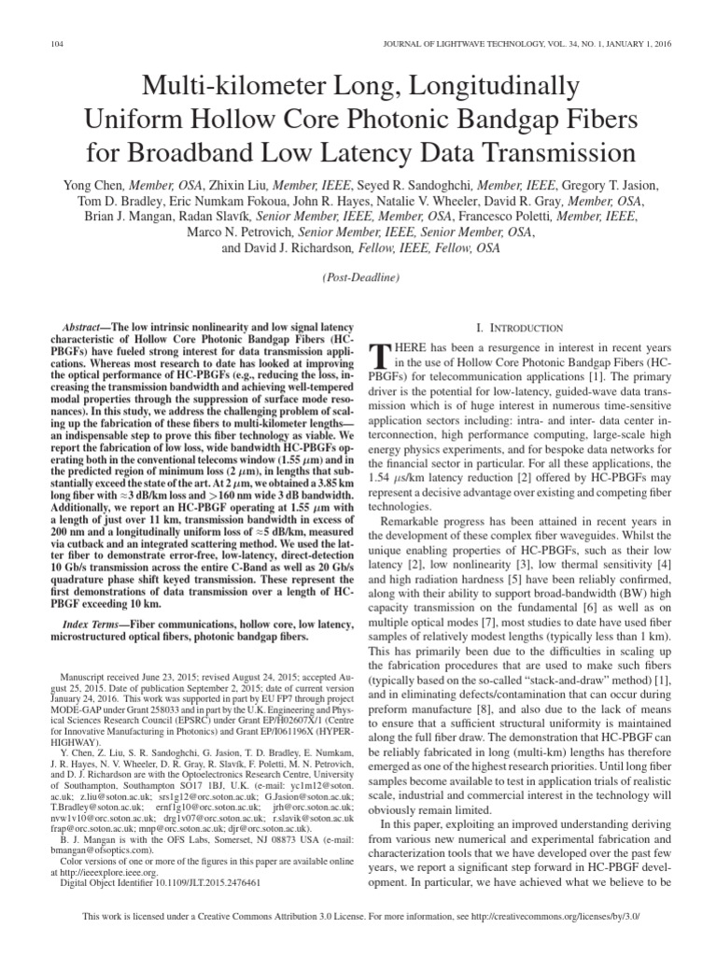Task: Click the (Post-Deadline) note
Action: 358,278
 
